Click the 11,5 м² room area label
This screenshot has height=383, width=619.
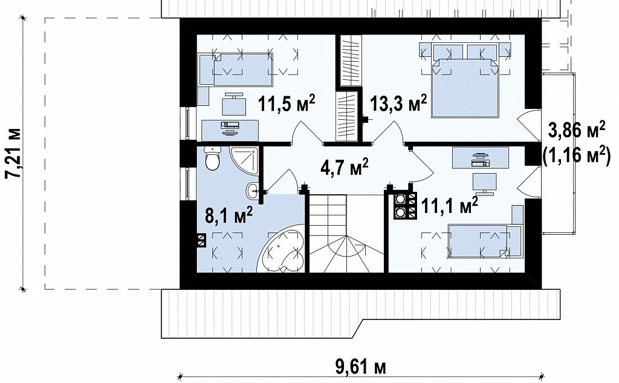pyautogui.click(x=287, y=103)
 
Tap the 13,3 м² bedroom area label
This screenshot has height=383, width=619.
pyautogui.click(x=398, y=103)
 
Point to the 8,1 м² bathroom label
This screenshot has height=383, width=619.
pyautogui.click(x=228, y=216)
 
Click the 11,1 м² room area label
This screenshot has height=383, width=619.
pyautogui.click(x=450, y=206)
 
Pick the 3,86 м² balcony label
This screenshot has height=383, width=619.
pyautogui.click(x=576, y=131)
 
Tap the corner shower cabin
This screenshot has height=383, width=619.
pyautogui.click(x=244, y=162)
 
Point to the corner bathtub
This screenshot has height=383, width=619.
pyautogui.click(x=282, y=249)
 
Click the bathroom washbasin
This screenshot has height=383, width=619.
pyautogui.click(x=253, y=192)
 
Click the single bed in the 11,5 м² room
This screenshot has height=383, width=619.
pyautogui.click(x=236, y=70)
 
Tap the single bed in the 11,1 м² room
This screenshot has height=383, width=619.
pyautogui.click(x=485, y=241)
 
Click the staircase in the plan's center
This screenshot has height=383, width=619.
pyautogui.click(x=346, y=234)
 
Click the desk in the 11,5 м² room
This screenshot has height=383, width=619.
pyautogui.click(x=230, y=130)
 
